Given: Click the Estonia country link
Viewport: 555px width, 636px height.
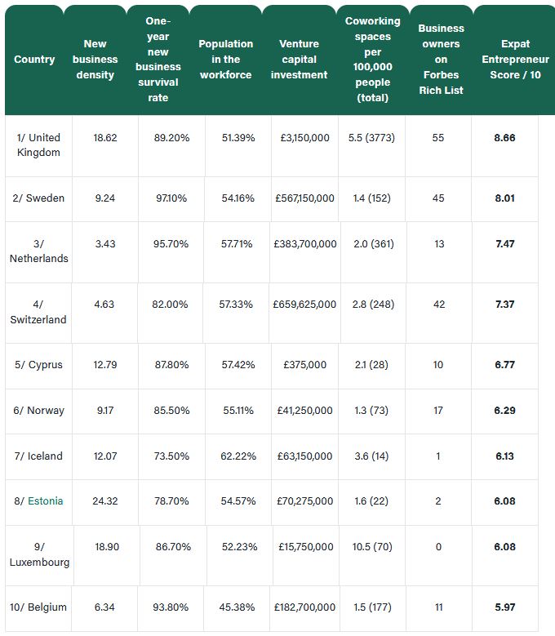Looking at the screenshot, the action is [46, 501].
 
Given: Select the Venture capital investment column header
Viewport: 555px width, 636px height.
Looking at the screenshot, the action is [300, 60].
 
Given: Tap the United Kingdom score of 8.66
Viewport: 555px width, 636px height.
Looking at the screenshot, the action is [504, 138].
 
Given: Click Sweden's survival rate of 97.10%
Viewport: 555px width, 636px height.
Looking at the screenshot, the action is [171, 198].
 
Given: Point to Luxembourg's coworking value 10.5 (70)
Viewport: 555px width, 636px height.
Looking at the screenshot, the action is [372, 547].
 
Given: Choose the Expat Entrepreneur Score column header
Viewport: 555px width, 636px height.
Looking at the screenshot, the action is [515, 60].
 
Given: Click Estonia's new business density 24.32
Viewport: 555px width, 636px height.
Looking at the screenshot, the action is [105, 501].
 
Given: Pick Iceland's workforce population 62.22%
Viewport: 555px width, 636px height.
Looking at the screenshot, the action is [238, 456].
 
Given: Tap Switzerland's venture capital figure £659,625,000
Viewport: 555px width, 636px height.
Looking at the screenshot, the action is [304, 305].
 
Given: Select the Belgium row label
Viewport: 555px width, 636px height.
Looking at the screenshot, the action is [38, 607].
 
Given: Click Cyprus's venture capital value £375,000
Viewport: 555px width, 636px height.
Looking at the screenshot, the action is [305, 365].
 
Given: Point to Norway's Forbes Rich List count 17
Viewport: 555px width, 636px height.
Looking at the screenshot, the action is [438, 411].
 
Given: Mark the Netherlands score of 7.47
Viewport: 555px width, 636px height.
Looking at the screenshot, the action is [505, 244].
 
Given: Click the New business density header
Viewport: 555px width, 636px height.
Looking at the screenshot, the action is [95, 60].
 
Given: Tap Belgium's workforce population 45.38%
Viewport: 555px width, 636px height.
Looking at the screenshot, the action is [238, 607].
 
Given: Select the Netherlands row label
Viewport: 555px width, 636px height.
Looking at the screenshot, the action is [39, 251].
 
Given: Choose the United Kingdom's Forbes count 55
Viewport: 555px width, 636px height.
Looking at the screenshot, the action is [438, 138].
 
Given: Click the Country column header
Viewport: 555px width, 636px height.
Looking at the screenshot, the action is [34, 60].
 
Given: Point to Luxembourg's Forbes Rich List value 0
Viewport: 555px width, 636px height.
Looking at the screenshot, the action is [438, 547].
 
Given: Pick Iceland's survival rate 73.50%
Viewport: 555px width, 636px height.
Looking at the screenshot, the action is [171, 456].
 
